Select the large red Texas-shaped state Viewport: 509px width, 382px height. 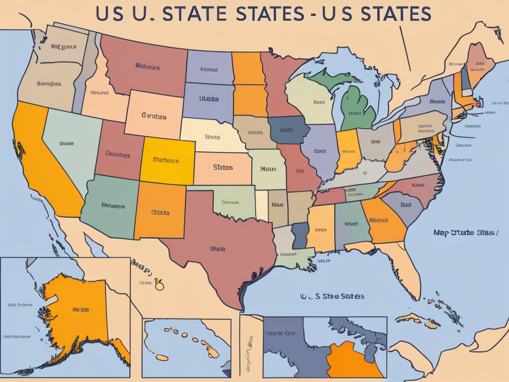[219, 244]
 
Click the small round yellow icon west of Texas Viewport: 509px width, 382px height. [159, 285]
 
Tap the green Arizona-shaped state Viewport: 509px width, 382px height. [109, 204]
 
